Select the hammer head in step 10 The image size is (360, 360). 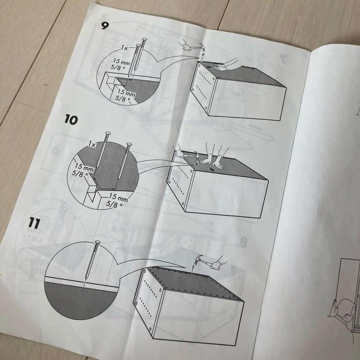[x=197, y=155]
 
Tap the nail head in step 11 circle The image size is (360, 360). [x=97, y=242]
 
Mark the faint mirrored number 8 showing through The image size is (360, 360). [x=243, y=243]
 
